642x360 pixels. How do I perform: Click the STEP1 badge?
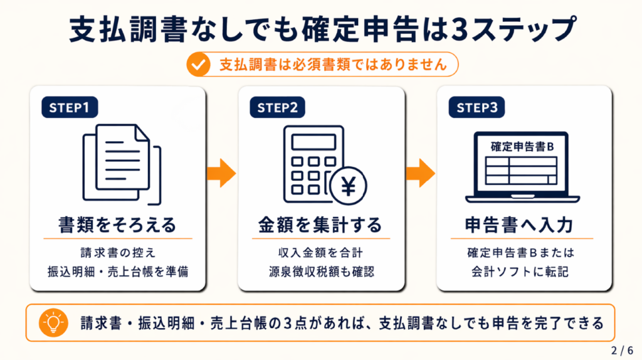(69, 107)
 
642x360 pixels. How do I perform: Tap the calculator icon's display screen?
(313, 142)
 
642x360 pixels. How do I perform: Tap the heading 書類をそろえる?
(117, 225)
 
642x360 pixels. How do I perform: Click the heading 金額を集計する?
(320, 225)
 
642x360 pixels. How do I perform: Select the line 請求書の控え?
(117, 253)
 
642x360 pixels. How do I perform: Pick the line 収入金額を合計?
(320, 253)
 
